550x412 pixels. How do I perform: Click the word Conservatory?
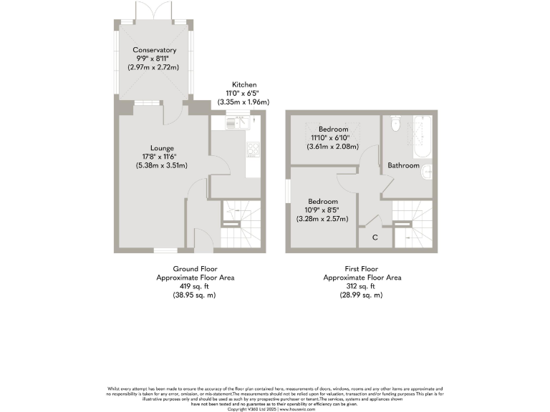click(x=154, y=51)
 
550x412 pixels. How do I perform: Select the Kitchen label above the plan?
click(x=245, y=84)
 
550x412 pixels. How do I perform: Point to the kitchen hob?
click(x=254, y=150)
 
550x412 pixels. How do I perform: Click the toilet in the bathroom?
click(x=395, y=125)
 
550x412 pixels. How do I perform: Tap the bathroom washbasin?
click(x=428, y=172)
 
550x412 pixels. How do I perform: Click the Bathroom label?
click(x=403, y=166)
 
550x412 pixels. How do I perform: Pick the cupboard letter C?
click(x=375, y=237)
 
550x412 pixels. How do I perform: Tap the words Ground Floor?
click(x=195, y=269)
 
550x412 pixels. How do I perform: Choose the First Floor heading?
click(x=362, y=269)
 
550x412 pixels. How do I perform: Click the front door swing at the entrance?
click(x=201, y=240)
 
